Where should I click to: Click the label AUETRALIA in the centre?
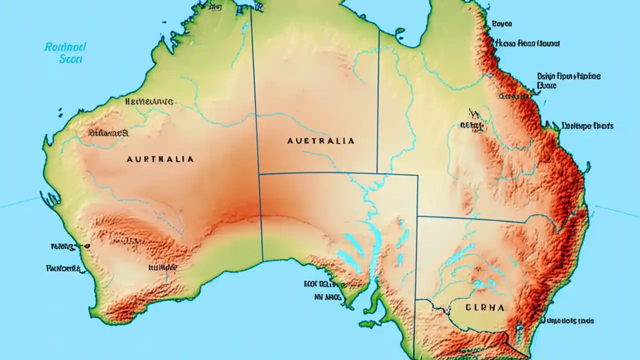[321, 141]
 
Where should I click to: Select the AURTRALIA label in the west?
[160, 159]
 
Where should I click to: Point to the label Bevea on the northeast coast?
[501, 23]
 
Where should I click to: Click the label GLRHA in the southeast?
[484, 308]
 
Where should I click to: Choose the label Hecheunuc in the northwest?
[149, 101]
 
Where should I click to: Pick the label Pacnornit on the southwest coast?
[63, 268]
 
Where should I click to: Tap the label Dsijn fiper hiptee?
[569, 76]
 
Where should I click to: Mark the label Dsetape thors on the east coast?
[587, 126]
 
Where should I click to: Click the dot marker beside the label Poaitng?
[88, 246]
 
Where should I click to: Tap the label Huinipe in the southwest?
[162, 267]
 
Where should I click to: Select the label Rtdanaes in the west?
[108, 133]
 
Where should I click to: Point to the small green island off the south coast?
[369, 324]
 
